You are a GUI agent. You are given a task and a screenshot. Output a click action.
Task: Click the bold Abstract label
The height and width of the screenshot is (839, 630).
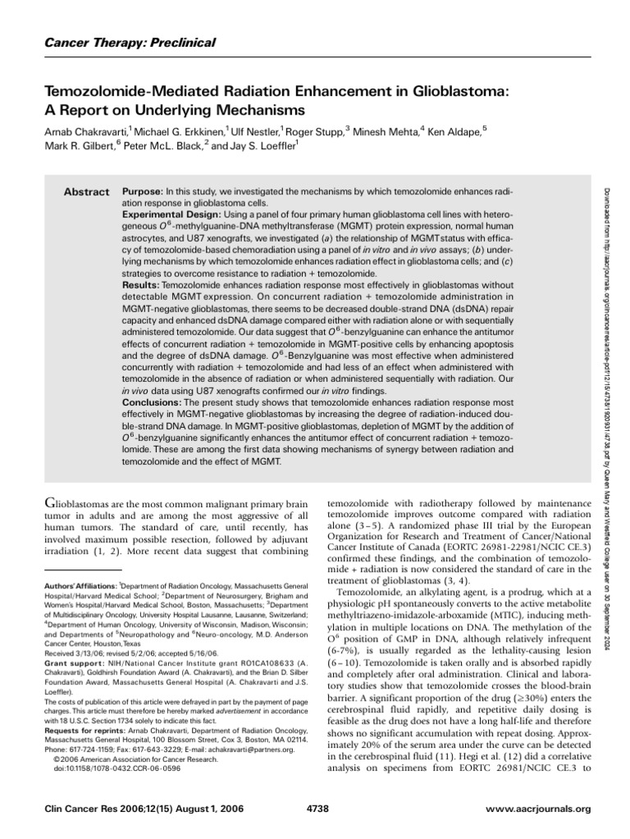click(87, 192)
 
